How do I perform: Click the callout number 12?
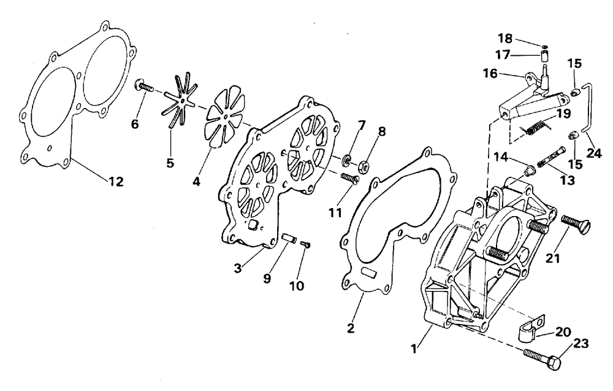pyautogui.click(x=115, y=182)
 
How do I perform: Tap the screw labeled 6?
pyautogui.click(x=142, y=87)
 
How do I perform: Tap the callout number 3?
pyautogui.click(x=237, y=268)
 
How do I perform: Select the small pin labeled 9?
pyautogui.click(x=290, y=237)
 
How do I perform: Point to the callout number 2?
pyautogui.click(x=350, y=328)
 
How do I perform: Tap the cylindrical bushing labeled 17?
pyautogui.click(x=544, y=58)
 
